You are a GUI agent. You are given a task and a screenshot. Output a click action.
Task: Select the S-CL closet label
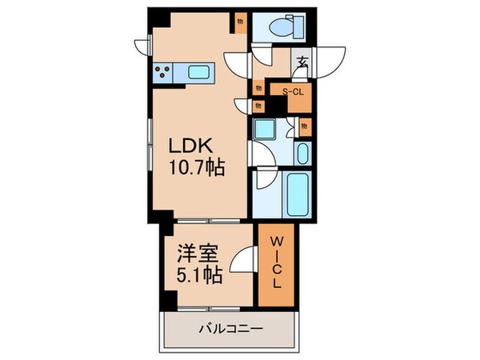[292, 91]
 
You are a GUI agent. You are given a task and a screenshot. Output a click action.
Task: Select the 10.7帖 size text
[195, 168]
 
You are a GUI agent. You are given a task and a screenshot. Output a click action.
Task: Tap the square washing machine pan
[265, 130]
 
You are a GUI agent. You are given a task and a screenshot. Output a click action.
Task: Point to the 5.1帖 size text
[195, 277]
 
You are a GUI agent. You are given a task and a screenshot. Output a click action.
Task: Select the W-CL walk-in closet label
[274, 262]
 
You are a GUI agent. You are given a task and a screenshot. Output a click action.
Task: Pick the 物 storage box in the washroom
[304, 126]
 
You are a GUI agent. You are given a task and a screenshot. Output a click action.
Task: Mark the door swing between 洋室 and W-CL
[243, 261]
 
